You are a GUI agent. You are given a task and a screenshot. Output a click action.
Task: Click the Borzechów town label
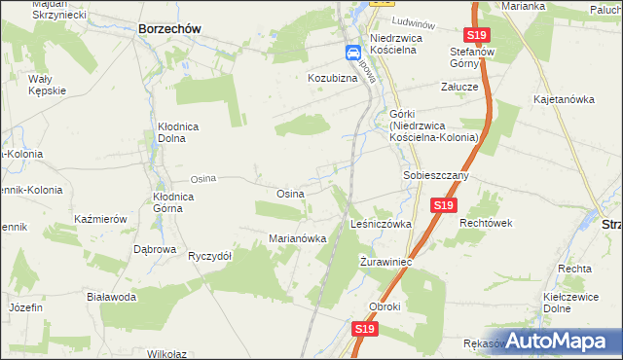pyautogui.click(x=169, y=29)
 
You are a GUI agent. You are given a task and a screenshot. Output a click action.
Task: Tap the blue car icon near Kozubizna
pyautogui.click(x=352, y=54)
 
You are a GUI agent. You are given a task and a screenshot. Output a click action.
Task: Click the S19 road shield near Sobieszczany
pyautogui.click(x=443, y=205)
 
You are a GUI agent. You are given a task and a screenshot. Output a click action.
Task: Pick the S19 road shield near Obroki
pyautogui.click(x=364, y=330)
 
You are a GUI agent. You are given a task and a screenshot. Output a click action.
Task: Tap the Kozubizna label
pyautogui.click(x=335, y=77)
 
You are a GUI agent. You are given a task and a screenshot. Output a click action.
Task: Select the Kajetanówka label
pyautogui.click(x=563, y=99)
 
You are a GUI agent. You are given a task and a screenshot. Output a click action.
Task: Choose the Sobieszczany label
pyautogui.click(x=437, y=176)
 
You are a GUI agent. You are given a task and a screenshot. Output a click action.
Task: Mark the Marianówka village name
pyautogui.click(x=296, y=238)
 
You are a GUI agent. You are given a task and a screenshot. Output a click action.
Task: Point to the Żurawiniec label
pyautogui.click(x=387, y=263)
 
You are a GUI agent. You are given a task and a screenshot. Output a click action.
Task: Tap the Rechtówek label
pyautogui.click(x=486, y=223)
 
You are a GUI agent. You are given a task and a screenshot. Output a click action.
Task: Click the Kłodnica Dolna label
pyautogui.click(x=186, y=132)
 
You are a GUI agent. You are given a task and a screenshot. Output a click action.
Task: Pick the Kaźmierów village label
pyautogui.click(x=101, y=220)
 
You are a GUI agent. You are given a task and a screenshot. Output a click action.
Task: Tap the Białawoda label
pyautogui.click(x=110, y=297)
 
